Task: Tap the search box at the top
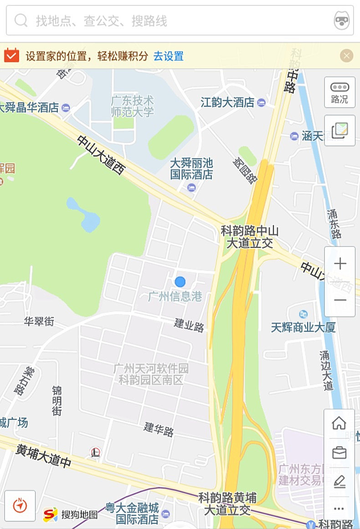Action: (x=173, y=21)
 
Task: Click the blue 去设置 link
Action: (x=168, y=56)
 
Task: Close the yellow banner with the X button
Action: (x=347, y=56)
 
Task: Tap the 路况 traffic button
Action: (x=339, y=92)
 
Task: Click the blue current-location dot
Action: (x=180, y=282)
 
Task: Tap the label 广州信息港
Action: (x=175, y=297)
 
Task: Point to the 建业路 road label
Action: (x=189, y=325)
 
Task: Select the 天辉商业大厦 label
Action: (x=303, y=327)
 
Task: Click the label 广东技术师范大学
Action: (x=133, y=106)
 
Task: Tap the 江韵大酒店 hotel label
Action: (x=228, y=103)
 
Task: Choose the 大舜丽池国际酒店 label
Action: (x=191, y=169)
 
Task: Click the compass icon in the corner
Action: (x=20, y=505)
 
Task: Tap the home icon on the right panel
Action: (x=339, y=423)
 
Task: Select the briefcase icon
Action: (x=339, y=453)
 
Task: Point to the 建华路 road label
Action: (x=159, y=429)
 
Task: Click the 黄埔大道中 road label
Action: (x=44, y=456)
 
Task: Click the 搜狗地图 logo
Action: (x=71, y=515)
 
